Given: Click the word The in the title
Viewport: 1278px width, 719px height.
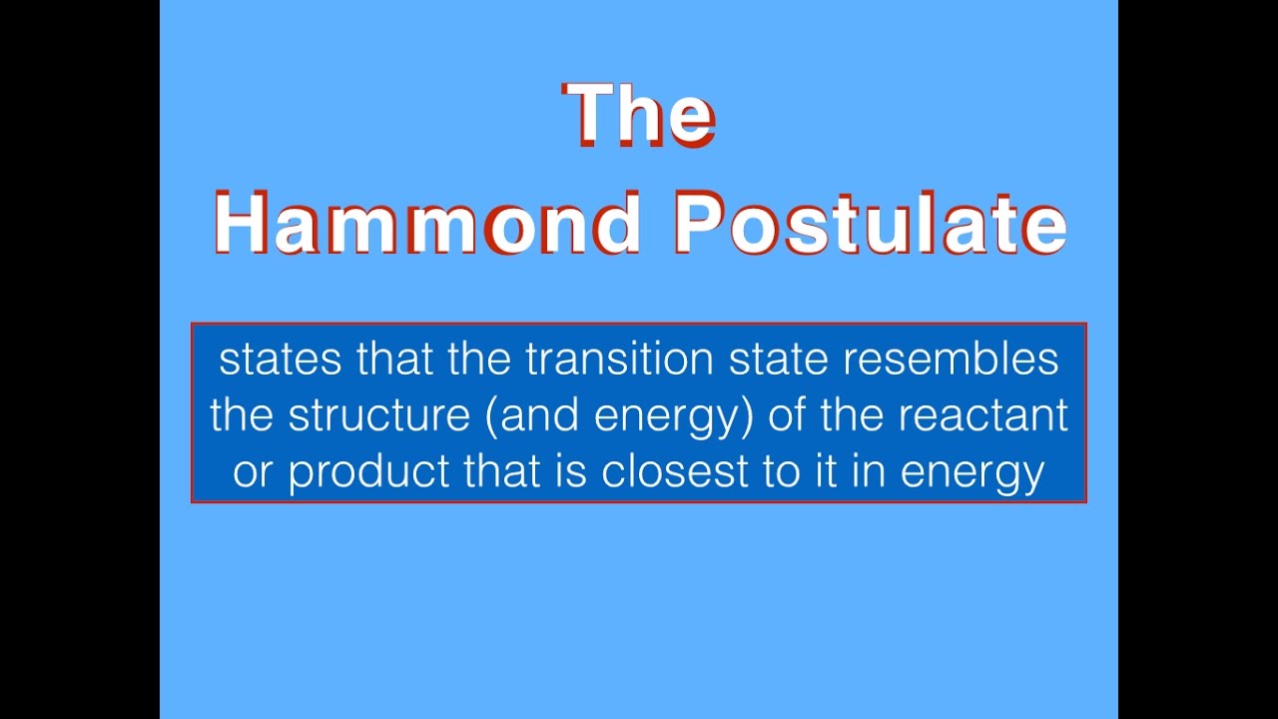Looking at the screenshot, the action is (x=639, y=114).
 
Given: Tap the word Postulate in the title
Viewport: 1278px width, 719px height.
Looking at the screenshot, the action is (x=870, y=222).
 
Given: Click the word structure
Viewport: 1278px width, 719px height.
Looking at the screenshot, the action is (x=379, y=415).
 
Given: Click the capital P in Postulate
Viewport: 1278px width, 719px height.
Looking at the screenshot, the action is (x=699, y=222).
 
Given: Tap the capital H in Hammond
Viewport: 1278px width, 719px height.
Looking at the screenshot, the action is (x=242, y=222).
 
